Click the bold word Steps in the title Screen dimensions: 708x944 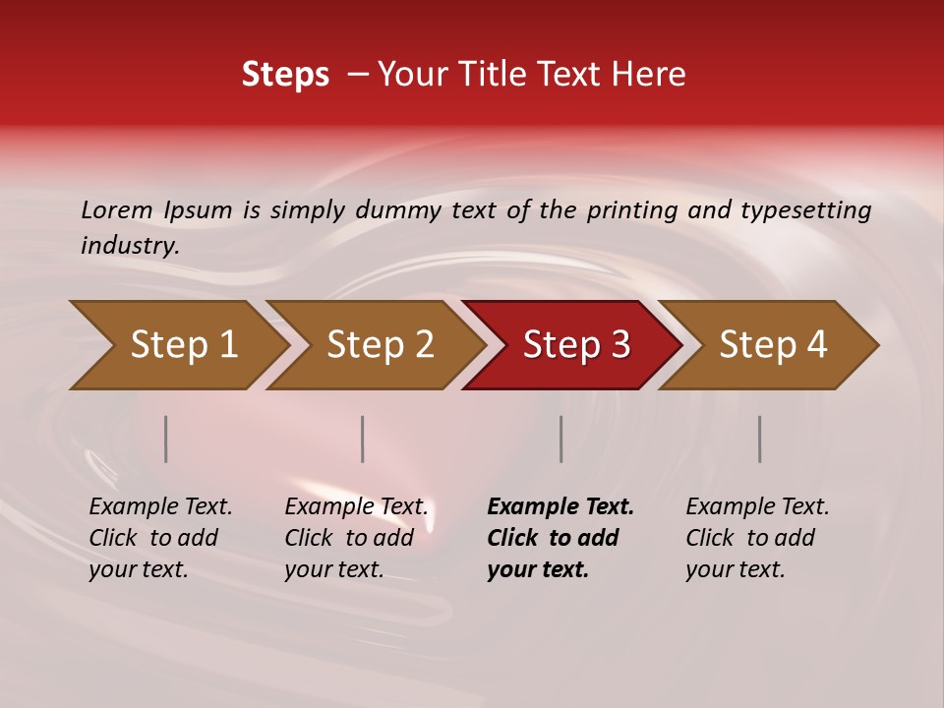pos(285,75)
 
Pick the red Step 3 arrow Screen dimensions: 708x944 pos(576,345)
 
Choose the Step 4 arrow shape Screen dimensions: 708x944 pos(773,345)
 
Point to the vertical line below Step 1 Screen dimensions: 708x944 pos(166,439)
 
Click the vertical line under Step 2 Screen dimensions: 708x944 pos(363,439)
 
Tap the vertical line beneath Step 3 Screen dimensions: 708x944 pos(561,439)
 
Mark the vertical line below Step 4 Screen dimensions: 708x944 pos(760,439)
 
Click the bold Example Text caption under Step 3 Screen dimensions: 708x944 pos(560,538)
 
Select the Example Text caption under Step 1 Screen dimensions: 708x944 pos(160,538)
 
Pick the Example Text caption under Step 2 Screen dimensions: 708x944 pos(356,538)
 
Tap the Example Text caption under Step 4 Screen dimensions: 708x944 pos(757,538)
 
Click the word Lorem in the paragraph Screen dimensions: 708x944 pos(117,209)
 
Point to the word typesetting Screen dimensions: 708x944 pos(805,210)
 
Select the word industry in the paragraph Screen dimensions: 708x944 pos(129,246)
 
